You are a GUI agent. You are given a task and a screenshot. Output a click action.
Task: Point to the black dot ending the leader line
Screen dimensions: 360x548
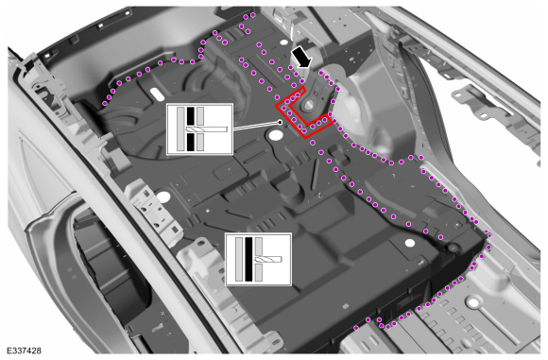(281, 121)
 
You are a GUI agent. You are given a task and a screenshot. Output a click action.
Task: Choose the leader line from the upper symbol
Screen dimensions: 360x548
(255, 125)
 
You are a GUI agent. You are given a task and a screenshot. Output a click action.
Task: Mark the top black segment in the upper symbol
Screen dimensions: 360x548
(190, 115)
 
